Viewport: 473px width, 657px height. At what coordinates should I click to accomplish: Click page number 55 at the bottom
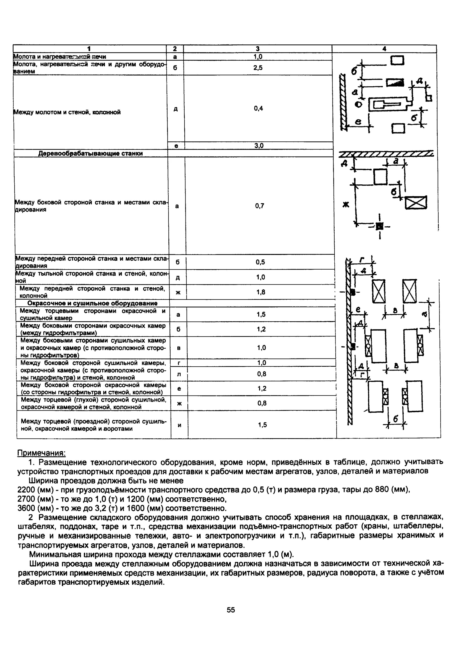pos(231,610)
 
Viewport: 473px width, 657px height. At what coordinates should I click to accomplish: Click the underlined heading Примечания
pos(41,453)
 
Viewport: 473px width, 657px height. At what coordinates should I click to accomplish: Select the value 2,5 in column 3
pos(258,68)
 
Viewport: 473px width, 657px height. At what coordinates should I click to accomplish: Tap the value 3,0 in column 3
pos(259,146)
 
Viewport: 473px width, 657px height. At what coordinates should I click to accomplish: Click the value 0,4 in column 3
pos(258,108)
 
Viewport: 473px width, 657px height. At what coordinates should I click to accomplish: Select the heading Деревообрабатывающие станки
pos(91,153)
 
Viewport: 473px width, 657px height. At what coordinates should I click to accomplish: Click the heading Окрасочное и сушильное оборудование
pos(92,303)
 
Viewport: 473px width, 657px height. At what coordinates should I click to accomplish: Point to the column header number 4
pos(384,49)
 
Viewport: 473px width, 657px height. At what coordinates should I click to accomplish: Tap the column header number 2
pos(175,49)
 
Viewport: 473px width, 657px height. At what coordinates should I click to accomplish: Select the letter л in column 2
pos(179,374)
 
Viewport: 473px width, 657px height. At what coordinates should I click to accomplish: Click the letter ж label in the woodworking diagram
pos(346,205)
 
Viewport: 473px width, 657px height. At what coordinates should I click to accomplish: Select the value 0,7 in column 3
pos(259,206)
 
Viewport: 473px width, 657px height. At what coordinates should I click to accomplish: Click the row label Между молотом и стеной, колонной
pos(67,112)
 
